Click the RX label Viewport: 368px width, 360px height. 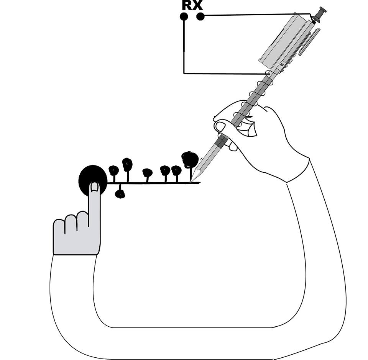[192, 5]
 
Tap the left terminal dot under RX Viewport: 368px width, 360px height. [184, 16]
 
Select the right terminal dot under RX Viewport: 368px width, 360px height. [200, 16]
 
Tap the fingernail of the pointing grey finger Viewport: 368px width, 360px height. [94, 187]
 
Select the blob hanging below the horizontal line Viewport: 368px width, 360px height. [120, 194]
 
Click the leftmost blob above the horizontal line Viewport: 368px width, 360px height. [113, 170]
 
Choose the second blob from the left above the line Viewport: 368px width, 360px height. [127, 164]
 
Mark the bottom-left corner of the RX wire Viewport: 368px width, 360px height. [184, 73]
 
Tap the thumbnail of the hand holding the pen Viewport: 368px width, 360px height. [220, 126]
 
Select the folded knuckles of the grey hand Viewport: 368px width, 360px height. [71, 224]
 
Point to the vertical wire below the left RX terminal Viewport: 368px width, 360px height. [184, 46]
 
